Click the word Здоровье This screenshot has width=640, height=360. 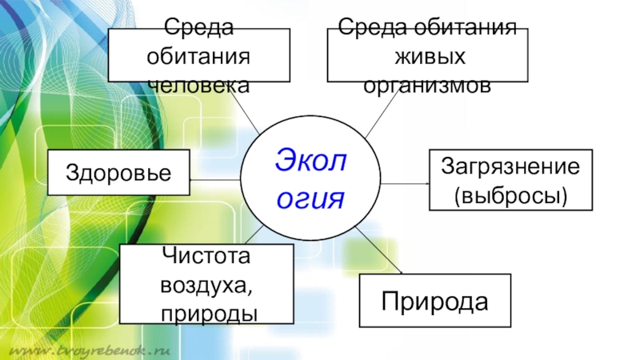(119, 172)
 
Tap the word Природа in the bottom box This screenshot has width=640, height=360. (434, 301)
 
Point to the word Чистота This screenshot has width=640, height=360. (206, 256)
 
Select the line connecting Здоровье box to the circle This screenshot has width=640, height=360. (215, 179)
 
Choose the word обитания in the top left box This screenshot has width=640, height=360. (198, 57)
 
